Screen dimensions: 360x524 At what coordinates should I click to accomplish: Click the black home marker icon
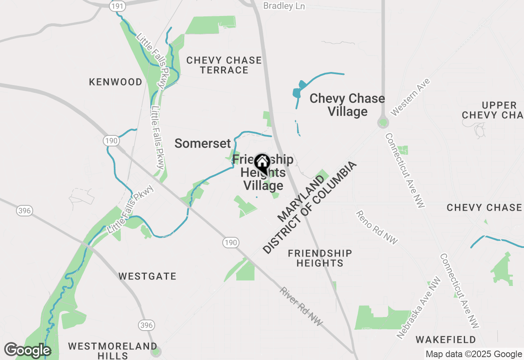(x=262, y=163)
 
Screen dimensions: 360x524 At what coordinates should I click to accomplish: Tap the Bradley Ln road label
(x=284, y=6)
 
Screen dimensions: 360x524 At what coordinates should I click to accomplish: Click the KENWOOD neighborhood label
(x=116, y=82)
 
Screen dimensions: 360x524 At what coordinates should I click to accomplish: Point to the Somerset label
(x=203, y=143)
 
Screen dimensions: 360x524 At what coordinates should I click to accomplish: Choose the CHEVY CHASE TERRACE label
(x=224, y=65)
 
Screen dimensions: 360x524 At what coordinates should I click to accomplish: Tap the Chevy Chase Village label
(x=347, y=105)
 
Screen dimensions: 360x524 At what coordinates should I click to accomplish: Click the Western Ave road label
(x=410, y=97)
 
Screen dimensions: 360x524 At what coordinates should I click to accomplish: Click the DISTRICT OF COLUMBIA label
(x=309, y=208)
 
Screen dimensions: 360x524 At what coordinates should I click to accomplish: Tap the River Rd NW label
(x=301, y=307)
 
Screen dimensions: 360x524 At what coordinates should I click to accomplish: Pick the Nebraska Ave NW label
(x=419, y=307)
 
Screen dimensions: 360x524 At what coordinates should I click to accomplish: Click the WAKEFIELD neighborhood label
(x=446, y=340)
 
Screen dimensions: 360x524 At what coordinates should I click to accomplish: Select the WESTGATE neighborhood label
(x=147, y=276)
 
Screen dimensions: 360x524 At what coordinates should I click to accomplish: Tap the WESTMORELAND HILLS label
(x=113, y=351)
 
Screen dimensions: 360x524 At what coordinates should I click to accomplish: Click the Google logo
(x=27, y=350)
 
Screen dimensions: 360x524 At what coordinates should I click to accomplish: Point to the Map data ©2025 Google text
(x=474, y=354)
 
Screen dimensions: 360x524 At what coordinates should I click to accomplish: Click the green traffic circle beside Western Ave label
(x=383, y=122)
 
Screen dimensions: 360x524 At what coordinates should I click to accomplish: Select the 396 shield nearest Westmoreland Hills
(x=147, y=325)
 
